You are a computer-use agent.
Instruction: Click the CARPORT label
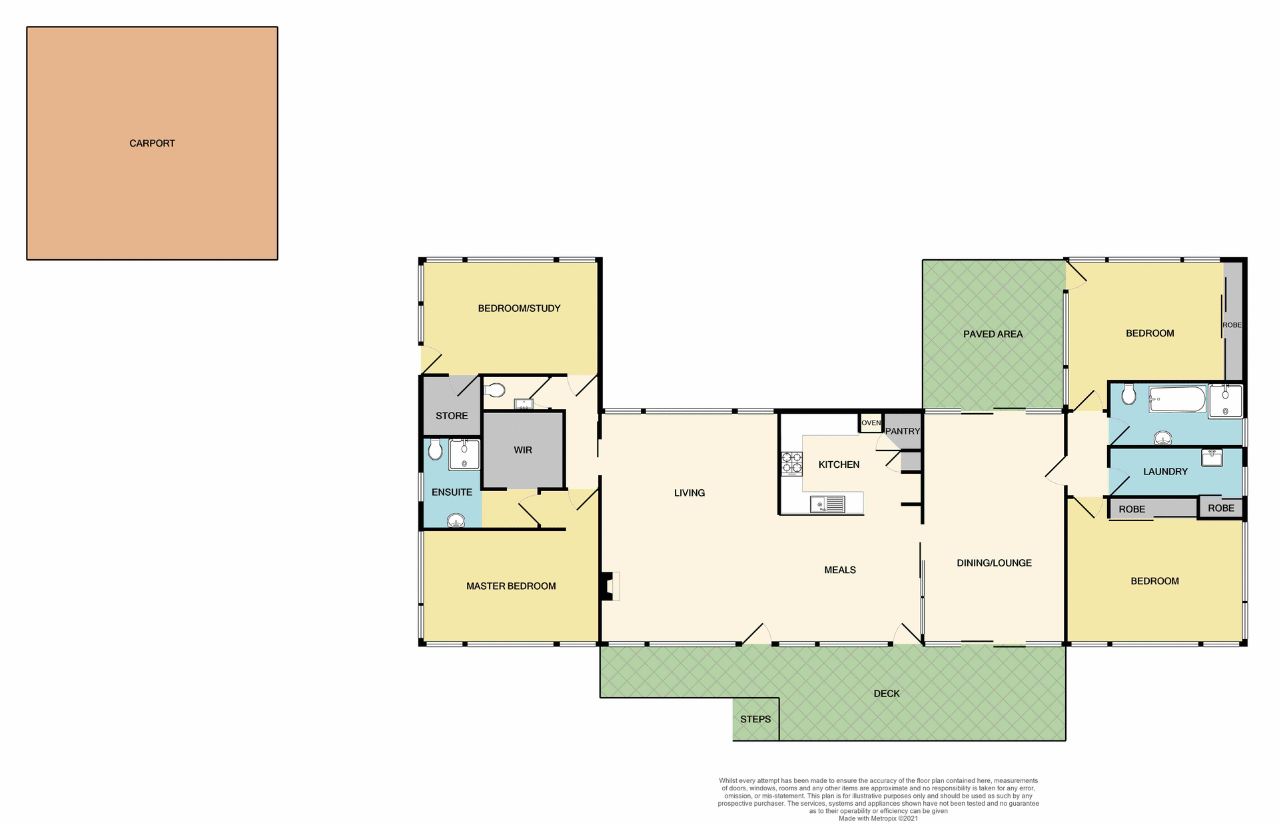[x=152, y=143]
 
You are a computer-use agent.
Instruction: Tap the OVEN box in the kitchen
[x=871, y=423]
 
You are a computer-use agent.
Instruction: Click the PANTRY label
[x=902, y=431]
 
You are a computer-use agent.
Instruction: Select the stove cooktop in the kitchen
[x=791, y=463]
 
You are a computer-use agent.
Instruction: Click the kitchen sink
[x=827, y=504]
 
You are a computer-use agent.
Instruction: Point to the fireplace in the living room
[x=610, y=586]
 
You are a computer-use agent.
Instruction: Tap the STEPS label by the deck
[x=755, y=719]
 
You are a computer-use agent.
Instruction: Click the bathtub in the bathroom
[x=1177, y=399]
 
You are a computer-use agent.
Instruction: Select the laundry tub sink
[x=1212, y=457]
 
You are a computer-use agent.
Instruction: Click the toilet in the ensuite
[x=435, y=450]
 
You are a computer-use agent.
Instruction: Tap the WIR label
[x=522, y=450]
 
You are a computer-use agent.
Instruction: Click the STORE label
[x=452, y=416]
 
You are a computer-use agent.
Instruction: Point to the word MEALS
[x=839, y=570]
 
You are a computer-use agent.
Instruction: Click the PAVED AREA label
[x=993, y=334]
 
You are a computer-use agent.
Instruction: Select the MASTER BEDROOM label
[x=511, y=586]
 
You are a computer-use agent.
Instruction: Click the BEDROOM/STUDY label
[x=519, y=308]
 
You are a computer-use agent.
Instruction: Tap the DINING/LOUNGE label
[x=994, y=562]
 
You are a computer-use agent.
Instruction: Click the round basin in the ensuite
[x=456, y=520]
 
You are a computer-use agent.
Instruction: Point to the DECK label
[x=886, y=693]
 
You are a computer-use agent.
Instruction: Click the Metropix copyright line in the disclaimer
[x=878, y=818]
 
